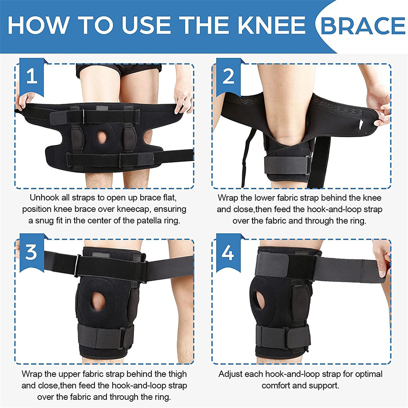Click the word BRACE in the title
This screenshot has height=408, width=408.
click(x=363, y=25)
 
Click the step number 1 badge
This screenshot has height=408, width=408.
click(x=31, y=76)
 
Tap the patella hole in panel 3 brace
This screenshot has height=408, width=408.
click(x=98, y=301)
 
